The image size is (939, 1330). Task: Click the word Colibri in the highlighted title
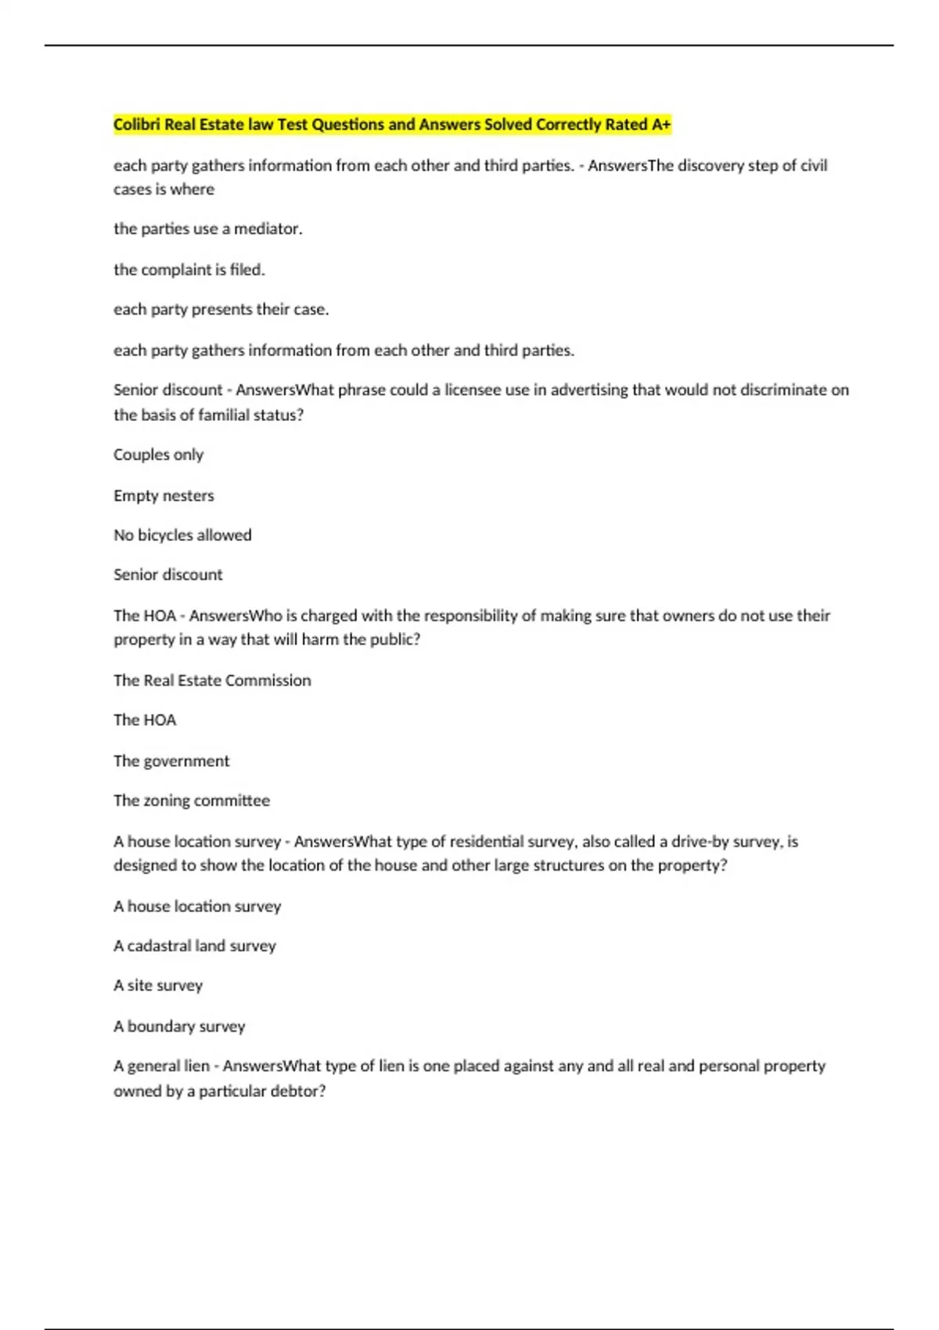pyautogui.click(x=137, y=124)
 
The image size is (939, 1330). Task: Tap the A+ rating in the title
pyautogui.click(x=660, y=124)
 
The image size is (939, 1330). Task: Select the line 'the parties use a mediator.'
pyautogui.click(x=207, y=229)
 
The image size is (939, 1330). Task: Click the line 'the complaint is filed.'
pyautogui.click(x=189, y=270)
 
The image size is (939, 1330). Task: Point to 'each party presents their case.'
pyautogui.click(x=221, y=310)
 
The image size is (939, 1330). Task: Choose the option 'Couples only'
pyautogui.click(x=158, y=455)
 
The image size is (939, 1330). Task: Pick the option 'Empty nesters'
pyautogui.click(x=164, y=496)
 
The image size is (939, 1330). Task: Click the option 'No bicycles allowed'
pyautogui.click(x=182, y=535)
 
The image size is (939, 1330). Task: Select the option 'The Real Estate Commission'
pyautogui.click(x=212, y=681)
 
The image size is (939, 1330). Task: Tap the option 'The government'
pyautogui.click(x=171, y=761)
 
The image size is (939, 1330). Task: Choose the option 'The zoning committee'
pyautogui.click(x=192, y=801)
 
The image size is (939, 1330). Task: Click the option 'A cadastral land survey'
pyautogui.click(x=195, y=946)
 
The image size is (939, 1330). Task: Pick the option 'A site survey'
pyautogui.click(x=158, y=986)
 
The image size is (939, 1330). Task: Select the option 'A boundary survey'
pyautogui.click(x=179, y=1026)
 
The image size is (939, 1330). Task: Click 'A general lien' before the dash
pyautogui.click(x=161, y=1066)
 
